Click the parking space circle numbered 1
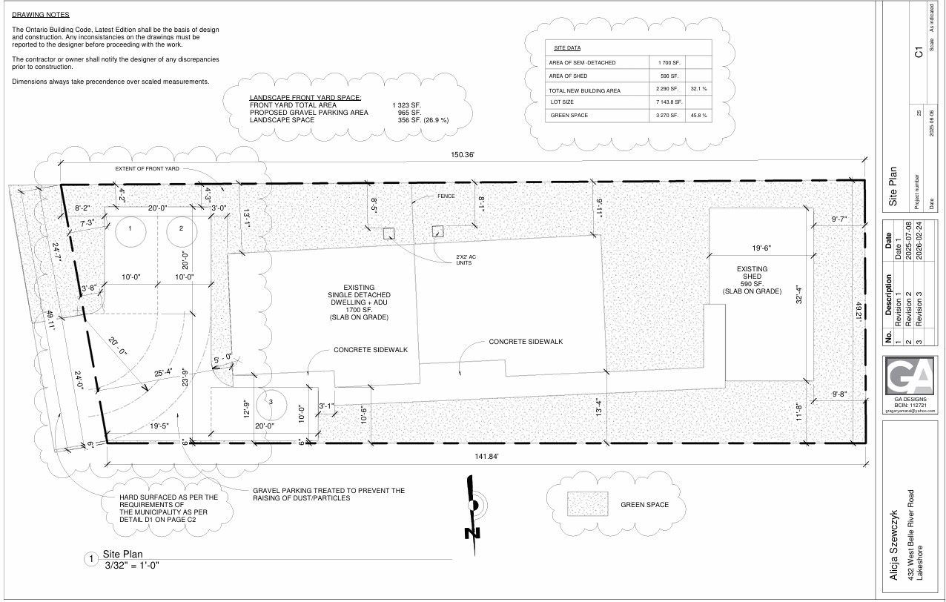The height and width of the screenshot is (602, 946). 129,229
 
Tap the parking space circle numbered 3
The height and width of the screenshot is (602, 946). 271,403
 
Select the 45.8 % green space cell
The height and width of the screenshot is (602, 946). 698,116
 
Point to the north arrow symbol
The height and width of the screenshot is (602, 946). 473,512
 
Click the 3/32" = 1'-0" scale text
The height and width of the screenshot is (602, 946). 133,566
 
